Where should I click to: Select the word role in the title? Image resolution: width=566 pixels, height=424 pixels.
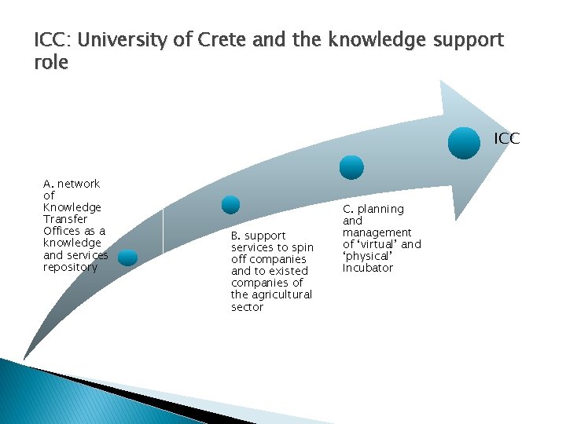coord(51,63)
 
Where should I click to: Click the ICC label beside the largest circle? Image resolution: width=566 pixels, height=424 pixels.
coord(506,139)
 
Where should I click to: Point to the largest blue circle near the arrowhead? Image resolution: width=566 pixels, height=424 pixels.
coord(464,143)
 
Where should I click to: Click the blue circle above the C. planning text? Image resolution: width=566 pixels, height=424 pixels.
coord(351,166)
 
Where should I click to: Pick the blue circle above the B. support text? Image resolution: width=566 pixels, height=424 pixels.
coord(230,204)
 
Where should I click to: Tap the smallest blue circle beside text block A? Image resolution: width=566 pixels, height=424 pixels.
coord(127,258)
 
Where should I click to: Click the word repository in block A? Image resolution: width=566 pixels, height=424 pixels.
coord(71,267)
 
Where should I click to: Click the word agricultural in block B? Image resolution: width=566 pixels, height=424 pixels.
coord(271,294)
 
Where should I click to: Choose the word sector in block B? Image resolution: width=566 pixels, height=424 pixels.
coord(247,307)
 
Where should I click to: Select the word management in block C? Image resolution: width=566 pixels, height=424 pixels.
coord(377,232)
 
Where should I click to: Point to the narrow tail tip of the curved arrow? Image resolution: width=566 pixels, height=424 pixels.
coord(24,357)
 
